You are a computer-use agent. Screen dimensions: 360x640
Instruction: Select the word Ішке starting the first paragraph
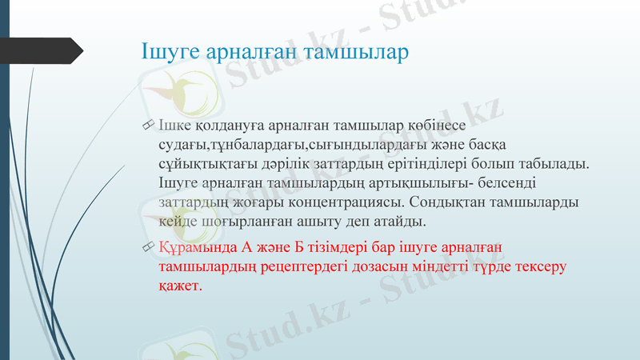click(174, 126)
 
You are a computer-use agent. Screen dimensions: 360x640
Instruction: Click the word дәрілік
click(277, 163)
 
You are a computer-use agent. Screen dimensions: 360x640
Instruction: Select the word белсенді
click(477, 182)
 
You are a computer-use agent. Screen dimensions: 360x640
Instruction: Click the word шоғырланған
click(239, 220)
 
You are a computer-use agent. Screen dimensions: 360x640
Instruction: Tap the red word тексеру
click(539, 266)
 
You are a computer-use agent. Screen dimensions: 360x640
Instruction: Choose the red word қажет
click(180, 285)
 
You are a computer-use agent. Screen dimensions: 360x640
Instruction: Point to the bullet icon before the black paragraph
click(145, 126)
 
